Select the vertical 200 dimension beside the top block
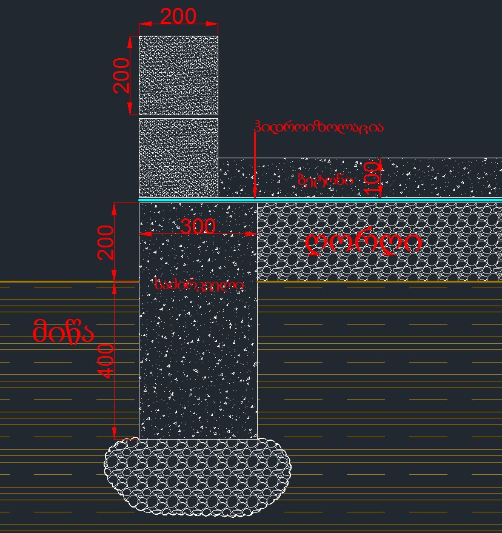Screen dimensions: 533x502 click(x=122, y=75)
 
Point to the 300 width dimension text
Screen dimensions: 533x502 click(x=198, y=227)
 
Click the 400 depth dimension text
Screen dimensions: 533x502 click(x=105, y=361)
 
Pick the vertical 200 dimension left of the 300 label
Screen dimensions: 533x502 click(x=106, y=243)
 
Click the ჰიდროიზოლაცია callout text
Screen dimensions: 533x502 click(x=319, y=127)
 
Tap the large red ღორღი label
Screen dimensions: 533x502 click(x=364, y=243)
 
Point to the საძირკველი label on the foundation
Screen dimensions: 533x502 click(x=199, y=284)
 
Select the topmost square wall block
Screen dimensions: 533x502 click(x=178, y=75)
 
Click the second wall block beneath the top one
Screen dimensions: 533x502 click(x=178, y=158)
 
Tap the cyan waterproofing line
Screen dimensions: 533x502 click(x=364, y=199)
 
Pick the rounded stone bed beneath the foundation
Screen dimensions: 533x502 click(x=198, y=478)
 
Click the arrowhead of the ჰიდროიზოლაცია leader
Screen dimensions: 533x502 click(x=255, y=194)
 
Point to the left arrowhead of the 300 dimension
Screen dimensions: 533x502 click(x=144, y=233)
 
